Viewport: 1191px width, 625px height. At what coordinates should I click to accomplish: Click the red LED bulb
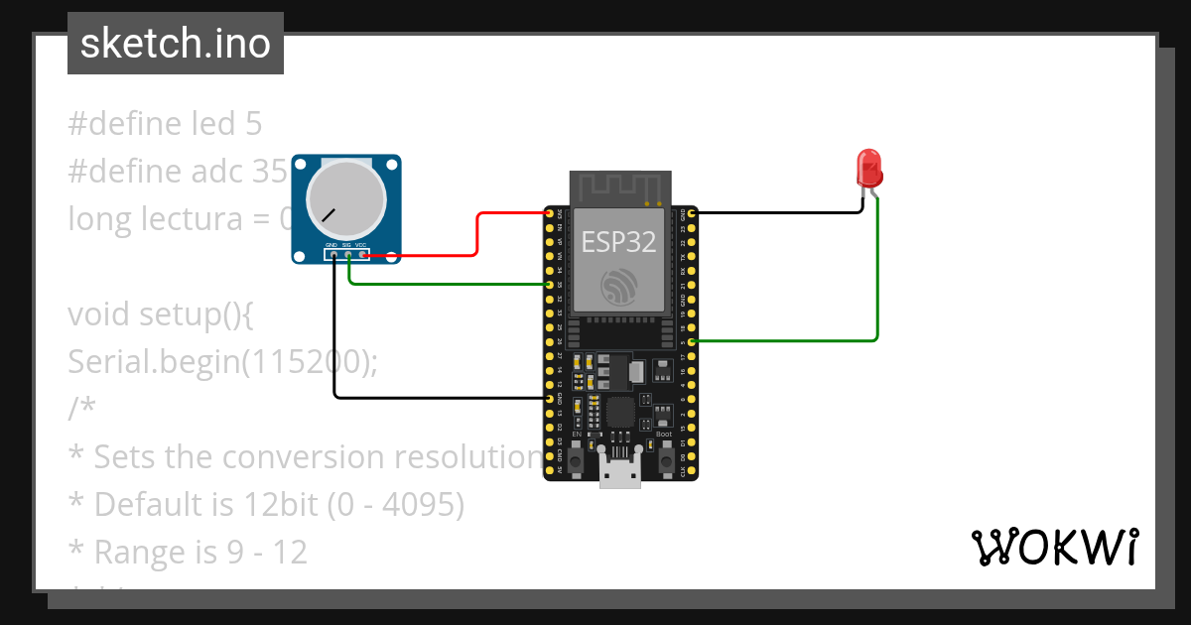[869, 169]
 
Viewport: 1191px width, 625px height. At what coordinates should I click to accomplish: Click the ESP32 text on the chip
[619, 241]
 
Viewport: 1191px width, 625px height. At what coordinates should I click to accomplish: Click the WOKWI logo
[1053, 548]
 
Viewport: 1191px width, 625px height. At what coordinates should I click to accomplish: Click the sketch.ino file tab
[176, 44]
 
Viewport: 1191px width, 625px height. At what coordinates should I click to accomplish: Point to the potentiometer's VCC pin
[363, 255]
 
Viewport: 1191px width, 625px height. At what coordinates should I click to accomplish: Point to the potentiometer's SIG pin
[349, 255]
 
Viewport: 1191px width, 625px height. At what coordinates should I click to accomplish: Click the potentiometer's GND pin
[335, 255]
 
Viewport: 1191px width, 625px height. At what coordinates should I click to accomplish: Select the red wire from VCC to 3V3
[478, 234]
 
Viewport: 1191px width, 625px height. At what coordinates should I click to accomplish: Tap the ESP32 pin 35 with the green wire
[549, 285]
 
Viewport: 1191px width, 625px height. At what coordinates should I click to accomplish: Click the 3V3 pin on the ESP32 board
[549, 212]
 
